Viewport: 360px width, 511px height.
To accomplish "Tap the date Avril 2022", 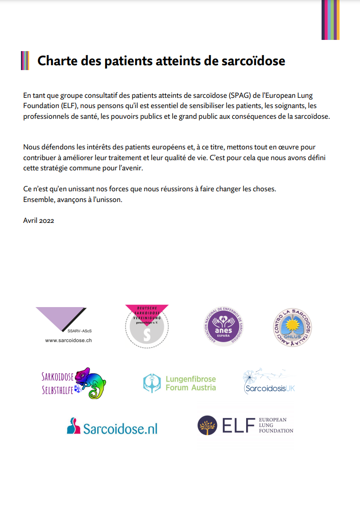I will (x=38, y=220).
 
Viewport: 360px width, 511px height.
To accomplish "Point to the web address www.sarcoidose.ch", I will (x=68, y=341).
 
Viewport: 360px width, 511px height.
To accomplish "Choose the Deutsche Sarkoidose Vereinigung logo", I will (x=147, y=326).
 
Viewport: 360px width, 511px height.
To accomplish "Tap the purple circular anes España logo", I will (x=223, y=326).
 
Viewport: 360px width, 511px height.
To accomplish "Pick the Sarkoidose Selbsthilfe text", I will (x=57, y=383).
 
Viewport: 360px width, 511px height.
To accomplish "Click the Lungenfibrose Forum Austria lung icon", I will (x=152, y=383).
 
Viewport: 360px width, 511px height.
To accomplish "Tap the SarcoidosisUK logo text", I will (x=270, y=388).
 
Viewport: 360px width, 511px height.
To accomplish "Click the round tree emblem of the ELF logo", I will (x=207, y=425).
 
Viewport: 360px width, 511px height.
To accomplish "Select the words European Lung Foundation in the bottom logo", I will (x=276, y=425).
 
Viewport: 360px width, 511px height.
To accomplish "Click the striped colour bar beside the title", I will (x=25, y=61).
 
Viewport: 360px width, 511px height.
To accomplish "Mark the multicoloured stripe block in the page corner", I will (x=330, y=19).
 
